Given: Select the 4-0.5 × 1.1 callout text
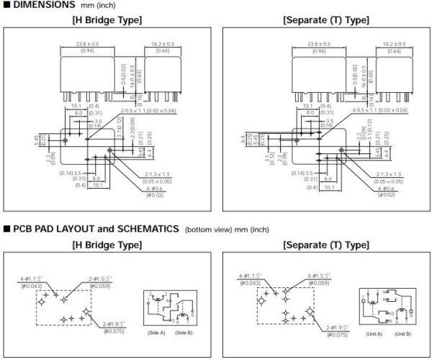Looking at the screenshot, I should (x=366, y=110).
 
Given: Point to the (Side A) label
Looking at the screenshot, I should (x=158, y=333).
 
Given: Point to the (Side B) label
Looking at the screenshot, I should (x=183, y=333).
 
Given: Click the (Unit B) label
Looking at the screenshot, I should (x=402, y=333).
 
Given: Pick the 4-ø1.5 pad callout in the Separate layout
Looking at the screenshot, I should (x=320, y=276).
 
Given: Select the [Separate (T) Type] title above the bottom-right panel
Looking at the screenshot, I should (x=327, y=245).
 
